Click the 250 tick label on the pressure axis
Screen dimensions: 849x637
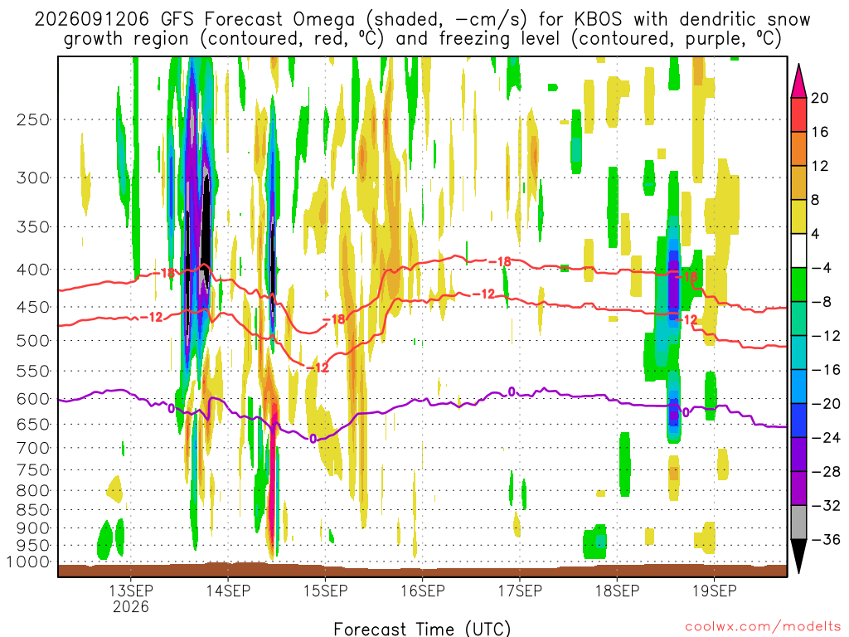pos(33,119)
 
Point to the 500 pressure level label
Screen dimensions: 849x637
pos(33,341)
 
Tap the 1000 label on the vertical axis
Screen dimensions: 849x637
pos(28,562)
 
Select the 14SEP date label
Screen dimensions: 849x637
pos(228,591)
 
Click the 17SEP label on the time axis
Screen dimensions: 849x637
pos(520,591)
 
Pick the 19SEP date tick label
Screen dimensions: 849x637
pos(714,591)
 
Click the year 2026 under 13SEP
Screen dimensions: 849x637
pos(130,606)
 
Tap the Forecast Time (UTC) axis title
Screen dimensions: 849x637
pos(422,629)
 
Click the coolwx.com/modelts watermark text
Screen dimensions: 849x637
pos(763,627)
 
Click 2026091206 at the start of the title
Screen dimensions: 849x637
pos(91,20)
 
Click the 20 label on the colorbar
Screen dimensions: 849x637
pos(819,98)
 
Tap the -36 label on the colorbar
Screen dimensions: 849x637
pos(825,539)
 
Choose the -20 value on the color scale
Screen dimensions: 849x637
pos(825,404)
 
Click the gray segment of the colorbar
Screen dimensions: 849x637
pos(798,523)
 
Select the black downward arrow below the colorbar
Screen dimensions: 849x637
pos(798,556)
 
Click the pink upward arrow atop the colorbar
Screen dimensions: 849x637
pos(798,80)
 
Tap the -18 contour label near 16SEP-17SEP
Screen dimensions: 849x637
pos(499,261)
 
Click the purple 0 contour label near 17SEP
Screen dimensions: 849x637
pos(511,391)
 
